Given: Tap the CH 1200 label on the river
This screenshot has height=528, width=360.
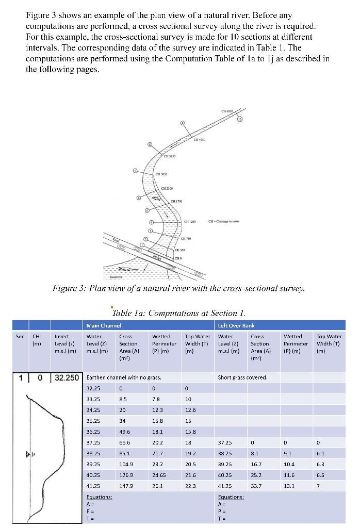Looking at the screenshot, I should click(x=191, y=221).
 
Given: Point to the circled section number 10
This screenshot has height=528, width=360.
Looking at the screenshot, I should click(x=240, y=119).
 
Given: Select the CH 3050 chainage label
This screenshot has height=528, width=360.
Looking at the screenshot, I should click(x=162, y=174).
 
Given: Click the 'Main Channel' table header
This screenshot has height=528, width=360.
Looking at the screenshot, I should click(x=103, y=325).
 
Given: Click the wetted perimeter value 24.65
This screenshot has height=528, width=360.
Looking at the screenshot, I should click(x=159, y=475).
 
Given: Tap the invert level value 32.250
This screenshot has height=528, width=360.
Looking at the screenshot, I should click(x=67, y=377).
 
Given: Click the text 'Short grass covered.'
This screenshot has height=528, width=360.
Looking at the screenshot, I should click(x=242, y=377).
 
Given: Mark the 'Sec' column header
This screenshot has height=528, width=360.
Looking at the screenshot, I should click(x=20, y=337).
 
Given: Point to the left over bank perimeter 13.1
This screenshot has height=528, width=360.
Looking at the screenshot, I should click(x=290, y=485).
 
